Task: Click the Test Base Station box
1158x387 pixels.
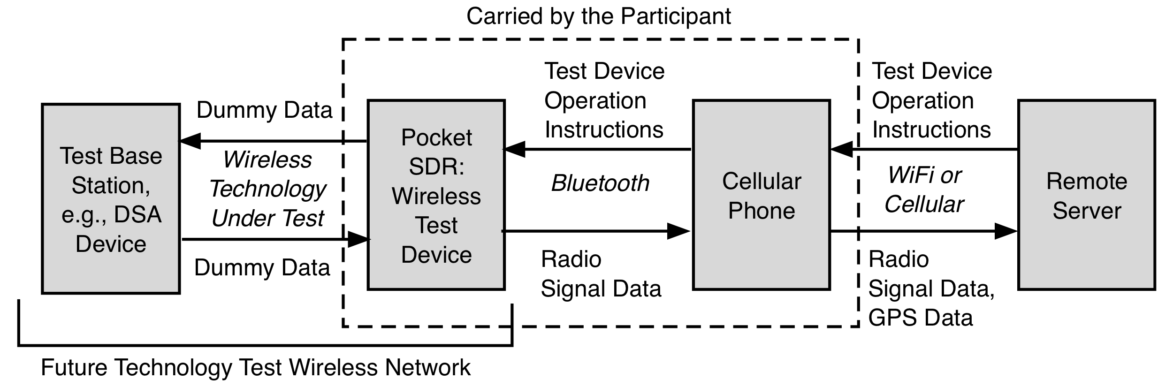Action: click(x=111, y=199)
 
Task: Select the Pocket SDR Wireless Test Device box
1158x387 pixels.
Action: click(x=436, y=195)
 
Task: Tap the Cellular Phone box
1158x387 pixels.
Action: click(x=761, y=195)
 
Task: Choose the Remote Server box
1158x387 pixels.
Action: click(x=1086, y=195)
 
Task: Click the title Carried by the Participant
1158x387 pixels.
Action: click(x=598, y=16)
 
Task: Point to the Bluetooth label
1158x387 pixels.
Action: click(x=600, y=183)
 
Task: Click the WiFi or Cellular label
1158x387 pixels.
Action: click(x=924, y=190)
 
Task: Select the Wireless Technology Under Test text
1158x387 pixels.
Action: click(x=267, y=189)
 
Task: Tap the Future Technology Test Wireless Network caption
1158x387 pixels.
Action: click(x=255, y=367)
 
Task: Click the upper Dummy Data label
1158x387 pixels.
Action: click(x=264, y=110)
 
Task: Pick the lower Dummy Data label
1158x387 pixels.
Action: click(x=262, y=268)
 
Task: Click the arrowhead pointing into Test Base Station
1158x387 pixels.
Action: click(x=190, y=141)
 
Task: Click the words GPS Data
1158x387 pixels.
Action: click(x=920, y=318)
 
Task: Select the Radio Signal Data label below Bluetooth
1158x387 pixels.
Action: click(x=601, y=274)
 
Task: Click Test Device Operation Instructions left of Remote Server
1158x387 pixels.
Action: click(x=931, y=100)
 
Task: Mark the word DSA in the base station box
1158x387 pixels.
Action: click(x=138, y=215)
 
